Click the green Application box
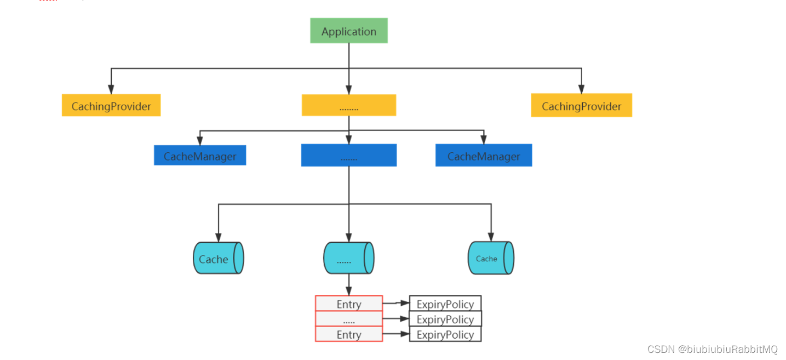coord(349,31)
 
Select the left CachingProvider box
coord(111,105)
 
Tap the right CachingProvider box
coord(581,105)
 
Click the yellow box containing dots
coord(349,105)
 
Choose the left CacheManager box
coord(200,156)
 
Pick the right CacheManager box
coord(484,156)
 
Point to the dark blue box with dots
coord(349,156)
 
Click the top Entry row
coord(349,304)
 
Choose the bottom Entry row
coord(349,334)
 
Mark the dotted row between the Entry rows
coord(349,319)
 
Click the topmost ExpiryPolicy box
coord(445,304)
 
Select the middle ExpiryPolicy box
coord(445,319)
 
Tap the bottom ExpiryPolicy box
coord(445,334)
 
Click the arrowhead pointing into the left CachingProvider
coord(111,89)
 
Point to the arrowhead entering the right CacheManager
coord(484,140)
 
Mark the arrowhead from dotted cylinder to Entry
coord(349,292)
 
